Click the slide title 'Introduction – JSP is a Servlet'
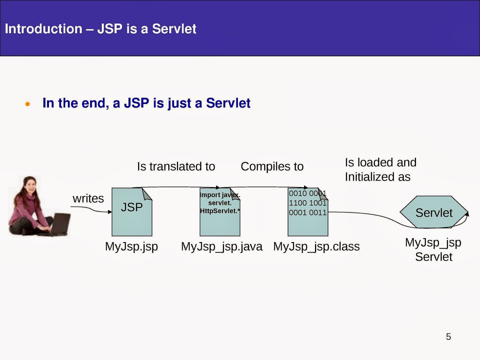coord(100,29)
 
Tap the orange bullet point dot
coord(28,104)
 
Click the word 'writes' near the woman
coord(88,199)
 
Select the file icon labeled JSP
coord(132,212)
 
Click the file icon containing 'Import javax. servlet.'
coord(220,212)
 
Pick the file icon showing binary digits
coord(308,212)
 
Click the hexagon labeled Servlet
coord(434,212)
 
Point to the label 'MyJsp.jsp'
coord(131,247)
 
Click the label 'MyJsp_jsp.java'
coord(222,247)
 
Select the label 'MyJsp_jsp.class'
coord(316,247)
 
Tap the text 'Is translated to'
coord(176,166)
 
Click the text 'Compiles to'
coord(272,166)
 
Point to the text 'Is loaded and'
coord(381,162)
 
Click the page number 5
coord(448,337)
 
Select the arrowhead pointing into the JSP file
coord(110,212)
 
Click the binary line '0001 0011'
coord(308,212)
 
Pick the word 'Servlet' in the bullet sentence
coord(228,103)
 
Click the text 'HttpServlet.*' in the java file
coord(220,211)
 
